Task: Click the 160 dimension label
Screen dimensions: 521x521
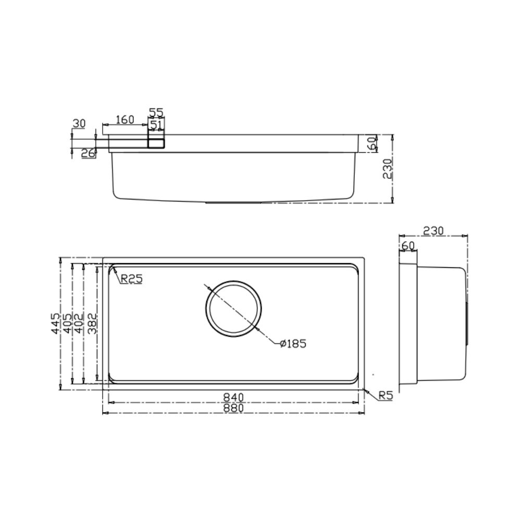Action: pos(125,119)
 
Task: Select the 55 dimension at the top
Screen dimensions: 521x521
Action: pos(156,112)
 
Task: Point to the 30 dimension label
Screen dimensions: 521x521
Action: pos(79,123)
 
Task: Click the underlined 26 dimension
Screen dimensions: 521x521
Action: pos(89,153)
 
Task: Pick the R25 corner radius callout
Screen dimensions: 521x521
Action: pos(131,279)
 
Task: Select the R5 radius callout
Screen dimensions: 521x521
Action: pos(385,395)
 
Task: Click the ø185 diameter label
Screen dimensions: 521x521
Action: pos(292,343)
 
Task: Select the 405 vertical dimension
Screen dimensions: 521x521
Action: pos(67,323)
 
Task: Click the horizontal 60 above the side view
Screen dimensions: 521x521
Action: pos(408,245)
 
